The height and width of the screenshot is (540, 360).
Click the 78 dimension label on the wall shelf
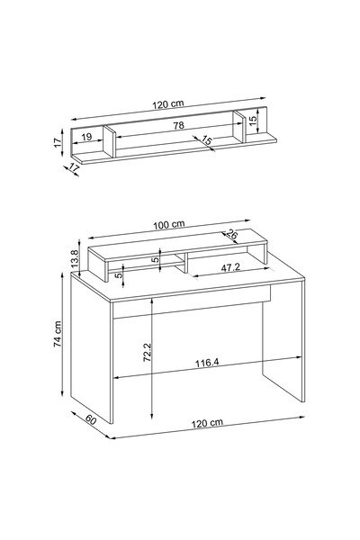[179, 125]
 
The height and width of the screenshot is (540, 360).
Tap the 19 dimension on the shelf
[86, 137]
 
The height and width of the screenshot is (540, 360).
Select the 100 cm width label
[169, 225]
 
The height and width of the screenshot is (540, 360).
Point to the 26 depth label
[232, 235]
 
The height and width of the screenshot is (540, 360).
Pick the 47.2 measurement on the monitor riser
[230, 268]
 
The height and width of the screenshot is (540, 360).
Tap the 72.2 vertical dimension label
[147, 352]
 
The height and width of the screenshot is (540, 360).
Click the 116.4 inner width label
[207, 363]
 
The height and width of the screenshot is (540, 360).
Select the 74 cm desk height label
[58, 334]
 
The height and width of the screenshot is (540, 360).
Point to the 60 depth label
[91, 419]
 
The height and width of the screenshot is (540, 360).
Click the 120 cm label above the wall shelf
[168, 103]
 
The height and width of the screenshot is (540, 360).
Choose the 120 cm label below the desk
[207, 423]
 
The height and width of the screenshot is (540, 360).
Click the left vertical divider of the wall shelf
[109, 141]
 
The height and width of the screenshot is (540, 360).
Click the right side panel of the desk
[283, 346]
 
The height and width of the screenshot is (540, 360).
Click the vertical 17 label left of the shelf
[58, 142]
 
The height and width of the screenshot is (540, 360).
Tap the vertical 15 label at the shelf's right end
[253, 121]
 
